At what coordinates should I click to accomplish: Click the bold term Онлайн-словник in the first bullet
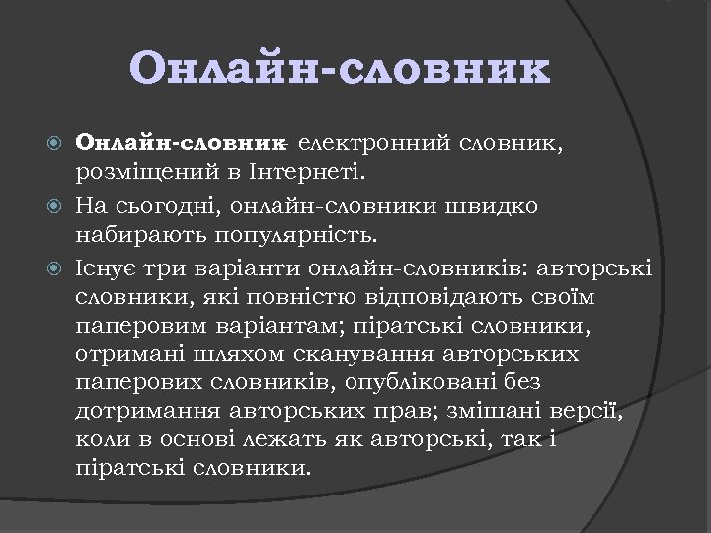pos(180,144)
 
